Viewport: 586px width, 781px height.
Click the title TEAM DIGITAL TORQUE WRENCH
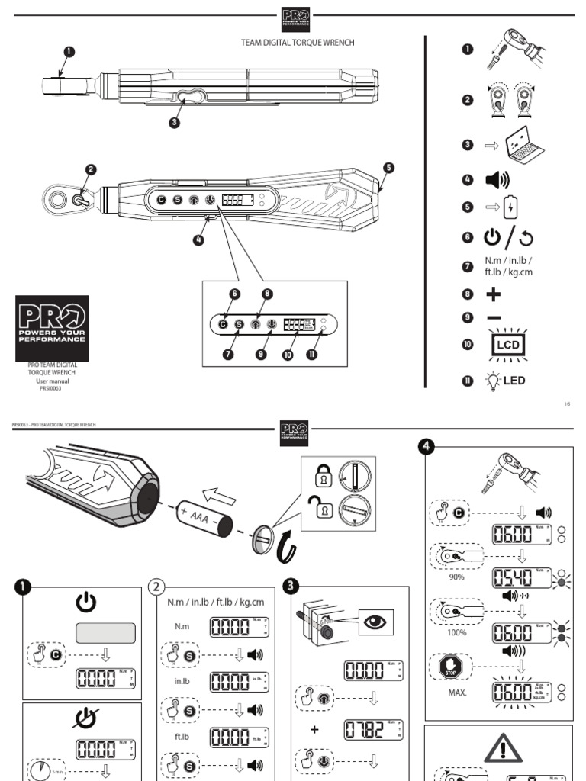click(298, 43)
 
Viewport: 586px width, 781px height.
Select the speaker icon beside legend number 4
click(497, 181)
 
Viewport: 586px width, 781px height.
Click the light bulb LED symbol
click(504, 380)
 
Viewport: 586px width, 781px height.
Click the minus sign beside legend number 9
click(494, 317)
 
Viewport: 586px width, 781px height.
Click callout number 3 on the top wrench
click(175, 123)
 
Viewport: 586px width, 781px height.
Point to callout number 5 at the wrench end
click(388, 168)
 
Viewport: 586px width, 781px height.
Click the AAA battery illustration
click(202, 518)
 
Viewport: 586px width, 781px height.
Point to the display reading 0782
click(372, 728)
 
